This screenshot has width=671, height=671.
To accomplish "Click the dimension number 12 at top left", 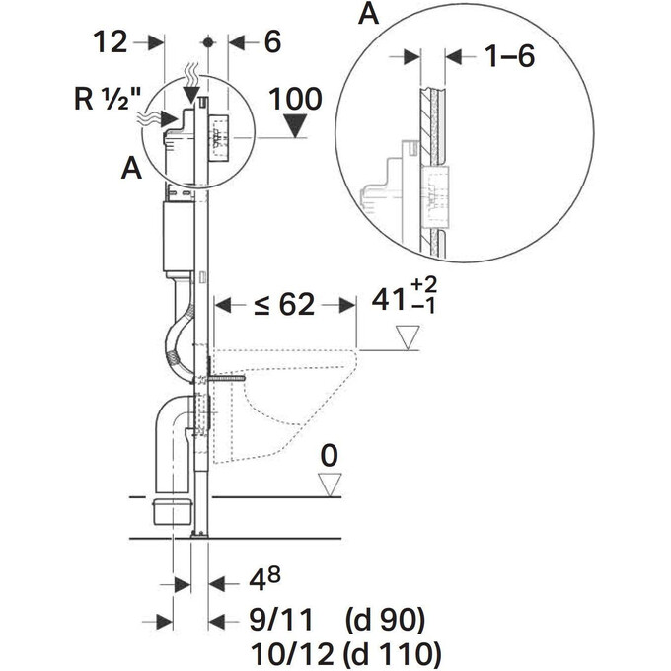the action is [x=111, y=42].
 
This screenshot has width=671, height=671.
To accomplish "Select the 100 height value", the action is [x=295, y=99].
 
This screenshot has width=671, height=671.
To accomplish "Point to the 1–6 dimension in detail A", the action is [x=509, y=56].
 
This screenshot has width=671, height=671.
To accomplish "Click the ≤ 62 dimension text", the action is [x=284, y=305].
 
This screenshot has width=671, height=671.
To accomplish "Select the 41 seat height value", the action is [x=388, y=299].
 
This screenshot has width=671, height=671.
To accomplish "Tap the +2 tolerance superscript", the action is [x=423, y=284].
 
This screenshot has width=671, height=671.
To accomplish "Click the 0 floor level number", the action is [x=329, y=455].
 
